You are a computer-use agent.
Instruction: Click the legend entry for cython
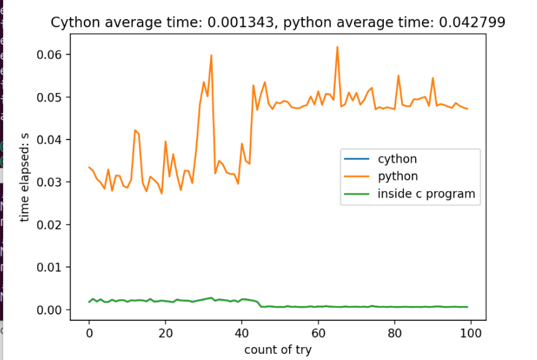click(397, 159)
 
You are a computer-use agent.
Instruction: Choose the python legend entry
click(398, 177)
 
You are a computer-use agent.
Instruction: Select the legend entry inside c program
click(426, 194)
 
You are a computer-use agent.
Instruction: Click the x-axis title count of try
click(277, 350)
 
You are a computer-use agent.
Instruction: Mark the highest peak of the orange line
click(337, 47)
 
